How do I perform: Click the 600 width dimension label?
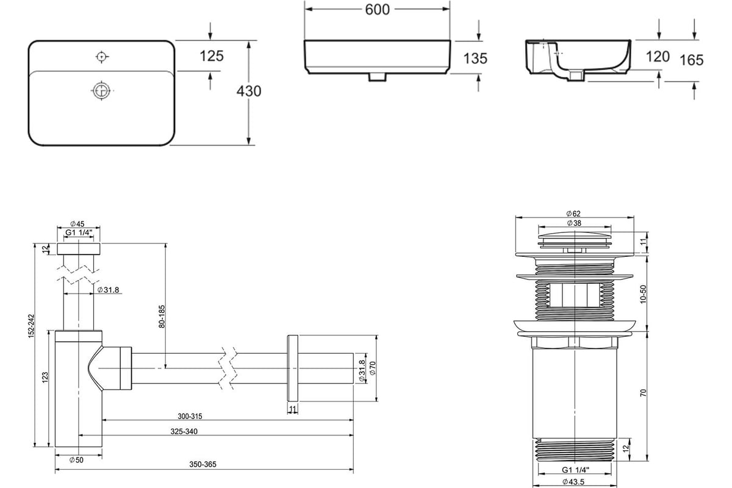[x=377, y=10]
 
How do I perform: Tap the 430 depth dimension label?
[x=249, y=91]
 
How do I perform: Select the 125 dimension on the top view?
[x=212, y=56]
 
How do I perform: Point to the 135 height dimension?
[x=475, y=59]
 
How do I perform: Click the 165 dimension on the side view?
[x=691, y=60]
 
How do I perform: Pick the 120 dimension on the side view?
[x=658, y=57]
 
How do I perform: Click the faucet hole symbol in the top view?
[x=102, y=57]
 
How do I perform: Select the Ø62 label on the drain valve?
[x=573, y=213]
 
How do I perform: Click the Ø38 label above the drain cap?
[x=574, y=223]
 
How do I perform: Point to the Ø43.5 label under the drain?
[x=573, y=482]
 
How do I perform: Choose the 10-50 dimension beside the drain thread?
[x=643, y=295]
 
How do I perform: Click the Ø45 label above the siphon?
[x=77, y=224]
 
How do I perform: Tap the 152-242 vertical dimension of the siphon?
[x=31, y=326]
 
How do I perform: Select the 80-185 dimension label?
[x=162, y=317]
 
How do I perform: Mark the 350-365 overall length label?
[x=203, y=464]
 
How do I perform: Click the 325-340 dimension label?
[x=184, y=432]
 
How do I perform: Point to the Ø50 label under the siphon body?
[x=76, y=460]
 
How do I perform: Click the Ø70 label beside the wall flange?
[x=373, y=368]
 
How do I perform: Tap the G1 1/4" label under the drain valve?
[x=575, y=470]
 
